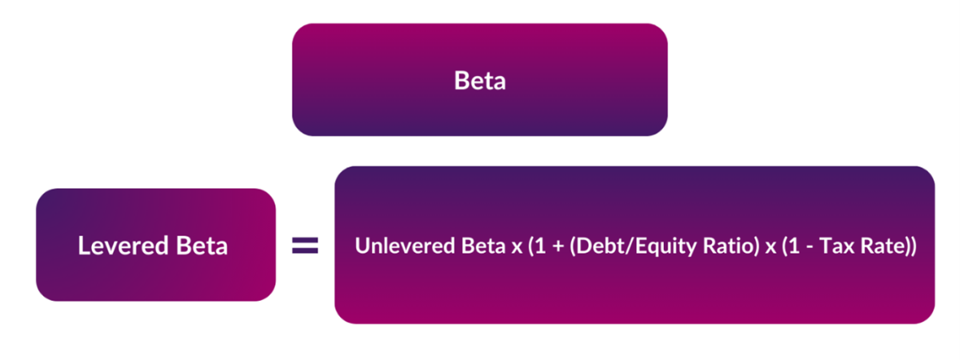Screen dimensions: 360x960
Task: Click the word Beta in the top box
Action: point(480,81)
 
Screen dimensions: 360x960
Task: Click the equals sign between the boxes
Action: point(305,246)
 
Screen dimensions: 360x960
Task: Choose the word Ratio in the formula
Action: point(709,246)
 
